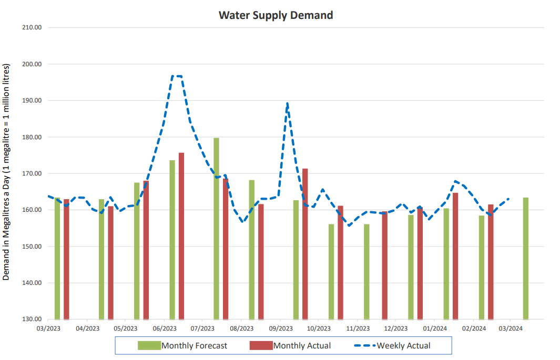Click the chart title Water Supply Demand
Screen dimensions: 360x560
pos(276,15)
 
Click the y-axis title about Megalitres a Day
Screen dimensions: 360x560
pos(7,173)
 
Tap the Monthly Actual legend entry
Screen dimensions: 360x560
pos(302,345)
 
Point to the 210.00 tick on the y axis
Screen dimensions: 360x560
pos(30,27)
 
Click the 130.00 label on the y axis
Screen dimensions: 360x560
pos(30,319)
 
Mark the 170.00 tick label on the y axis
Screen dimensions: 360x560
pos(30,173)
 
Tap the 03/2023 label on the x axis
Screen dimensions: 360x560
pos(48,328)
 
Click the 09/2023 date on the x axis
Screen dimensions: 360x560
pos(280,328)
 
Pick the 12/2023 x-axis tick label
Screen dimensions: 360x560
pos(396,328)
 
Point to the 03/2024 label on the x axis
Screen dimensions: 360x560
pos(511,328)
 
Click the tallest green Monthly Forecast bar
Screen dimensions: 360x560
pos(216,229)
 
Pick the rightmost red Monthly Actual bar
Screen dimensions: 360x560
pos(491,262)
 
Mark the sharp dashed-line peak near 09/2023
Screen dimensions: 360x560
pos(287,104)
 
